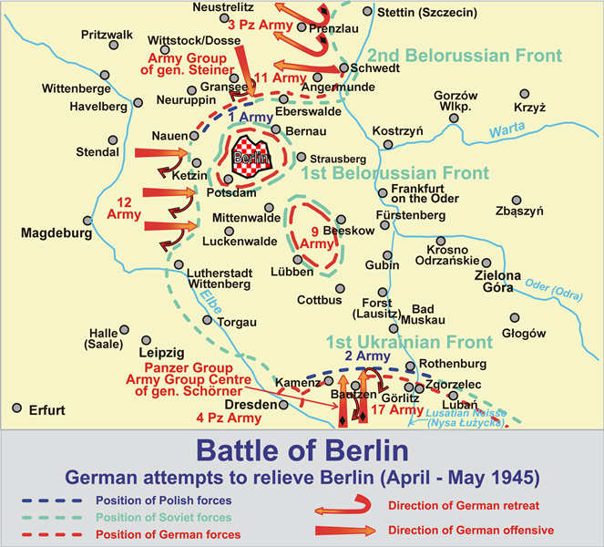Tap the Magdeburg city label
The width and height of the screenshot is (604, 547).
(56, 233)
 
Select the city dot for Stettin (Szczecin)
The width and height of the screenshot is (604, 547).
(367, 12)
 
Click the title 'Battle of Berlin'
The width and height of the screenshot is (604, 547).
(302, 452)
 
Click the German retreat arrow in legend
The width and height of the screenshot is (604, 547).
(343, 503)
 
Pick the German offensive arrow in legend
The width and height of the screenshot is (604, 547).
(343, 531)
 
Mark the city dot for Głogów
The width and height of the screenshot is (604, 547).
(515, 318)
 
